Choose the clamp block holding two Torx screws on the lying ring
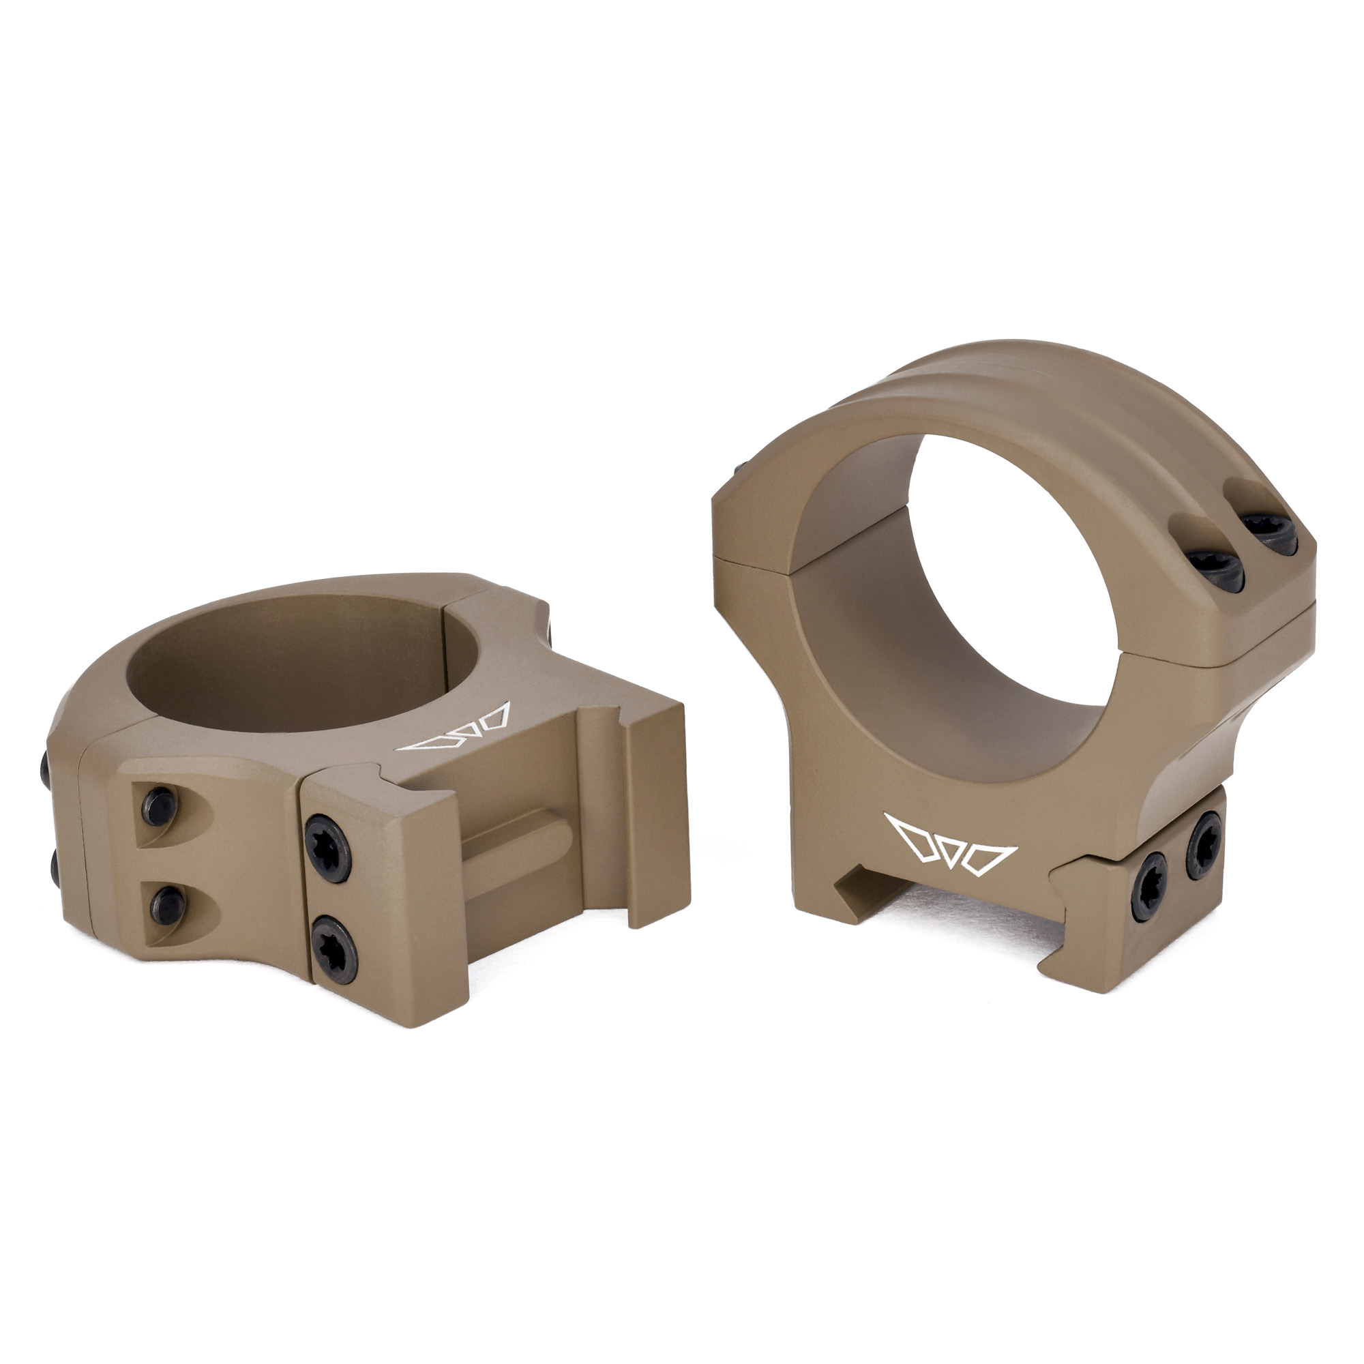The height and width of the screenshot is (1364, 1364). [374, 897]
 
